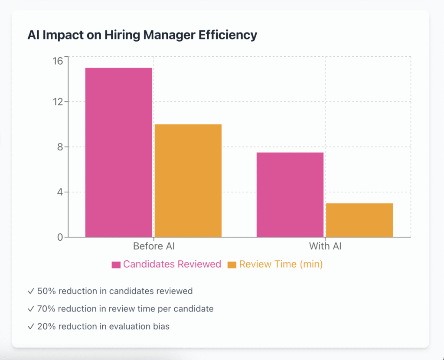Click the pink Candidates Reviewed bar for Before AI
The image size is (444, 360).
click(x=118, y=152)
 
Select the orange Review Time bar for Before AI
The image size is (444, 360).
click(x=188, y=180)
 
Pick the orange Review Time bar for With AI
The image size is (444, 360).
click(x=359, y=220)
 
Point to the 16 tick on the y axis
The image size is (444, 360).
click(x=58, y=61)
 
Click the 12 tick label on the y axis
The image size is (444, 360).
click(x=58, y=102)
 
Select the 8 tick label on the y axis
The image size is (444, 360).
click(x=60, y=147)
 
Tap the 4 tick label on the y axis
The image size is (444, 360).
click(x=60, y=192)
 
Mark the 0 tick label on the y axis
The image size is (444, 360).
click(x=60, y=237)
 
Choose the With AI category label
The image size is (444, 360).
click(x=325, y=246)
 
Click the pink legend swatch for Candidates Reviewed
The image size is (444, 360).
click(x=116, y=265)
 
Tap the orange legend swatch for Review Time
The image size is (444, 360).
click(x=232, y=265)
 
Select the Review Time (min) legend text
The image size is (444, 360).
click(x=281, y=264)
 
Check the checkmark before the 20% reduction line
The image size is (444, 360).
click(x=31, y=327)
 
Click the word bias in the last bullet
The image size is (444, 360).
click(x=161, y=327)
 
